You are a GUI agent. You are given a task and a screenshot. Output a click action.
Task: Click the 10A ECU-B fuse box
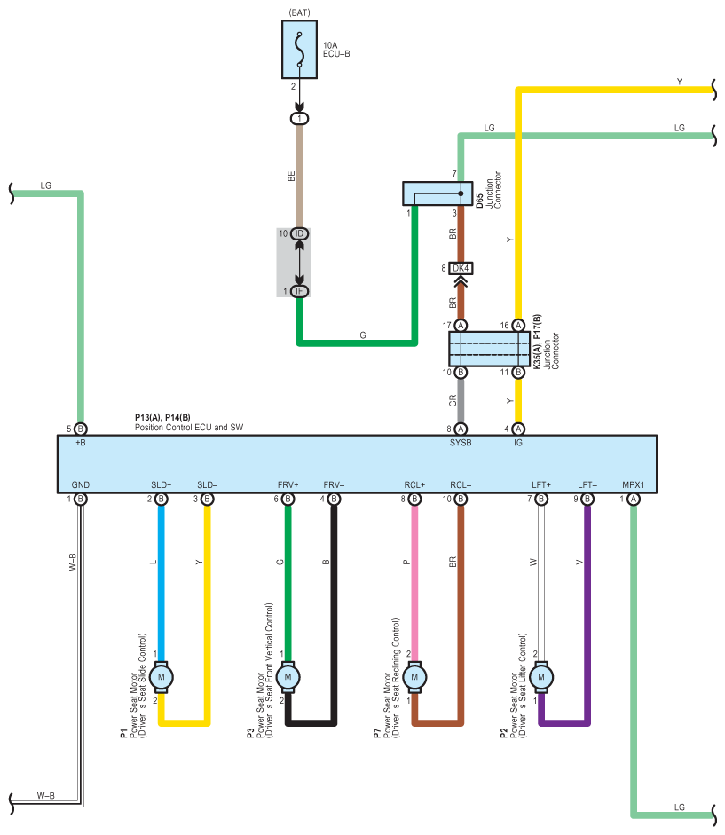299,50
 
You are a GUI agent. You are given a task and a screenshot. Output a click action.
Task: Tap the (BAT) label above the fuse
299,12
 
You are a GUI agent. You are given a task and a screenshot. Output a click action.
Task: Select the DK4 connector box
461,268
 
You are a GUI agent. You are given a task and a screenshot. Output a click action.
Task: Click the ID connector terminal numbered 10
299,233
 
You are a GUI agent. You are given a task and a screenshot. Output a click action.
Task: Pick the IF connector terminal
299,291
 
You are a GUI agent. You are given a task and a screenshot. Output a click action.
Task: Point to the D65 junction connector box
437,193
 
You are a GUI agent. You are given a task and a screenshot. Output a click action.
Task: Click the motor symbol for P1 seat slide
161,677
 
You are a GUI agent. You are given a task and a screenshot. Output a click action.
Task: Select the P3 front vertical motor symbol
288,677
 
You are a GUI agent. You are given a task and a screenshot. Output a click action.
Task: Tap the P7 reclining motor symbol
414,677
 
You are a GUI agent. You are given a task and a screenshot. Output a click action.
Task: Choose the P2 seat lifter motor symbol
541,677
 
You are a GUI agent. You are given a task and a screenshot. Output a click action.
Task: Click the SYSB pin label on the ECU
461,443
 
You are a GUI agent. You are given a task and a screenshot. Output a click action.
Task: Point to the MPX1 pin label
634,485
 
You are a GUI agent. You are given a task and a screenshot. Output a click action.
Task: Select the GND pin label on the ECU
81,485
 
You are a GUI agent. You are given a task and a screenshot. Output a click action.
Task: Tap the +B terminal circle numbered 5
81,429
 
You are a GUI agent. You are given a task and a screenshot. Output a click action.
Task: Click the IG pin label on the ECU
518,443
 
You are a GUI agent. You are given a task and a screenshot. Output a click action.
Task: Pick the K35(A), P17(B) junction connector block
490,349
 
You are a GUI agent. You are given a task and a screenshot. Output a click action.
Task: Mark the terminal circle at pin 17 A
461,326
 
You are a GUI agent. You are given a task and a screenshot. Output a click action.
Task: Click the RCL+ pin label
414,485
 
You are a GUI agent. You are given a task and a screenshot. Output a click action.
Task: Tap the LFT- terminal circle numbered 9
587,499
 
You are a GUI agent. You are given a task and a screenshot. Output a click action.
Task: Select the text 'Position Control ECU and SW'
189,427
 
